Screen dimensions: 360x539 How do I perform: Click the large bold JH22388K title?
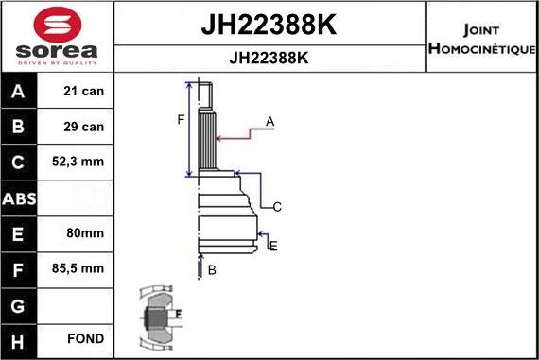click(x=269, y=25)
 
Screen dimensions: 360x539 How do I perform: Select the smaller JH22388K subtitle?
click(x=269, y=57)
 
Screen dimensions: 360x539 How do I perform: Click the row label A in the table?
click(x=20, y=92)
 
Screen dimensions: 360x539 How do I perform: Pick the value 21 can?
click(x=84, y=92)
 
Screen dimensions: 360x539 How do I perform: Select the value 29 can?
click(x=84, y=127)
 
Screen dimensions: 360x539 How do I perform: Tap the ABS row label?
click(x=20, y=198)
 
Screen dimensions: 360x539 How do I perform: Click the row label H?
click(x=20, y=339)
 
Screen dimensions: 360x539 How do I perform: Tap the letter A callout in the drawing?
click(x=269, y=121)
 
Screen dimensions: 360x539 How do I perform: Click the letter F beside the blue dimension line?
click(x=180, y=119)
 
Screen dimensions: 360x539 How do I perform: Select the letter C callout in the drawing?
click(x=277, y=206)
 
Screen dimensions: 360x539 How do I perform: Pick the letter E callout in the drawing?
click(x=273, y=247)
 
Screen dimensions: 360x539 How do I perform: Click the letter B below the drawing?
click(x=212, y=270)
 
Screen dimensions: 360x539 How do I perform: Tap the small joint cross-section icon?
click(x=159, y=317)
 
